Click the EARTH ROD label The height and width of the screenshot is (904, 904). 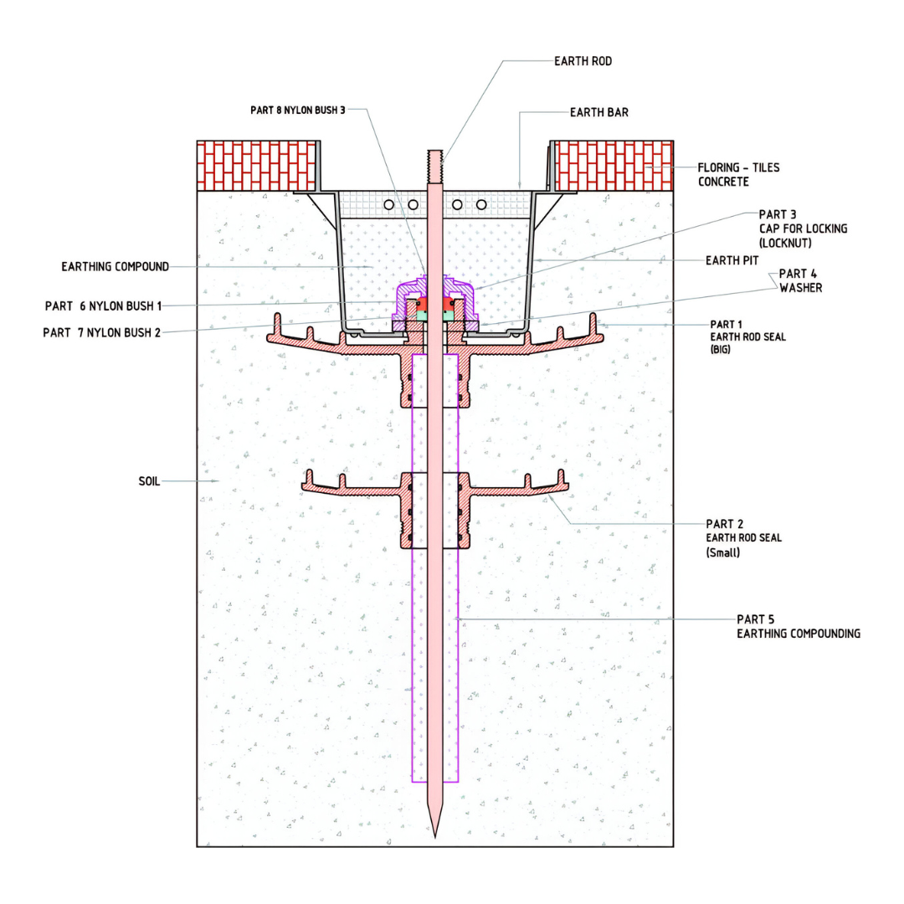pos(583,61)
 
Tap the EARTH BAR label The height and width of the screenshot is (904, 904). pos(598,111)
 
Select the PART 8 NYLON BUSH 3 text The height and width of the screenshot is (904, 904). pos(297,110)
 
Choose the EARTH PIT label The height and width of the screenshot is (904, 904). pos(733,260)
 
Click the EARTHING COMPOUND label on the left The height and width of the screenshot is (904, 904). pos(115,267)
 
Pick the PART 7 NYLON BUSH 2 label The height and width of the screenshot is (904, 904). pos(101,332)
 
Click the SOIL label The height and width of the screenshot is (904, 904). pos(149,481)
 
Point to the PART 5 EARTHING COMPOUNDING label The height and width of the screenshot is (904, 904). pos(798,626)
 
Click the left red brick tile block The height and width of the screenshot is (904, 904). pos(256,165)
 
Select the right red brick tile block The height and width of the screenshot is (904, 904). pos(614,165)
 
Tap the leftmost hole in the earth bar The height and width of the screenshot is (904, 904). pos(389,204)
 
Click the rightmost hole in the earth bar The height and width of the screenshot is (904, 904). pos(481,204)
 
